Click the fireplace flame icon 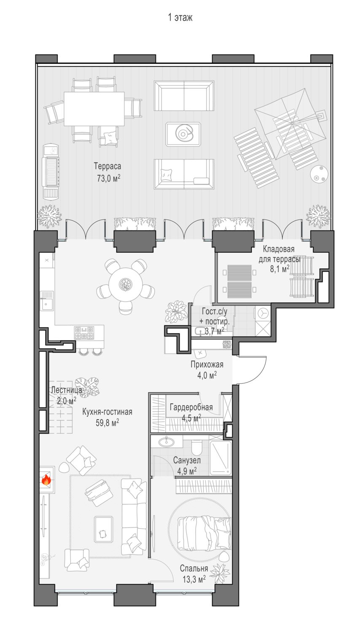tap(46, 479)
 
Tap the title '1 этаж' tap(180, 18)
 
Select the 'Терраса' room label tap(107, 166)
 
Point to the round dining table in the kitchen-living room tap(126, 284)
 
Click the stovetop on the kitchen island tap(84, 333)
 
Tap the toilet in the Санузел tap(196, 446)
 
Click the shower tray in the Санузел tap(220, 458)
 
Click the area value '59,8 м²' tap(107, 422)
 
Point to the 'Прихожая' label tap(207, 364)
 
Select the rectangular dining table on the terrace tap(94, 109)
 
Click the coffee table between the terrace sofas tap(183, 134)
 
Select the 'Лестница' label tap(66, 390)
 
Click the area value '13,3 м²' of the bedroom tap(194, 579)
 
